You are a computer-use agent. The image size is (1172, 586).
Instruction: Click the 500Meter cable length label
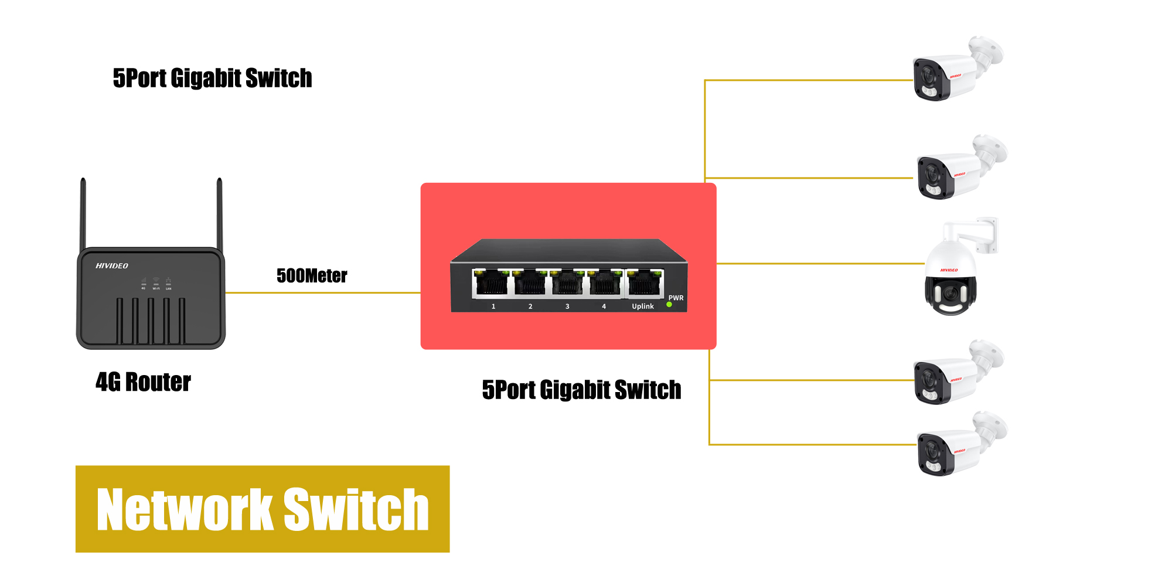(312, 275)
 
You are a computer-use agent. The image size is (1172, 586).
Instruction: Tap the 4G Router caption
(143, 382)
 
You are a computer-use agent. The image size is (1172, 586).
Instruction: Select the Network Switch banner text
(263, 509)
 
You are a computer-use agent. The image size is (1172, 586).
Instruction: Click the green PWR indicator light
(669, 305)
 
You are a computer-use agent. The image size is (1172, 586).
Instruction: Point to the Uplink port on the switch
(645, 284)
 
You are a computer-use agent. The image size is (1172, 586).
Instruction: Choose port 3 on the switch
(567, 284)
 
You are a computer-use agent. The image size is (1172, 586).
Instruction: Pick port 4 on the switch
(605, 284)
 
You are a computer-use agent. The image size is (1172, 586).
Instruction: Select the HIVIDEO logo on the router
(112, 266)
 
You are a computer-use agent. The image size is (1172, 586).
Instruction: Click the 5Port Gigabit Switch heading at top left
(212, 79)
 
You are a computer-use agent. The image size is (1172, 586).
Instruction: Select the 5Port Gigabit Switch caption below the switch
(581, 390)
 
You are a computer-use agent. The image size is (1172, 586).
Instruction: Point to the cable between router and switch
(322, 292)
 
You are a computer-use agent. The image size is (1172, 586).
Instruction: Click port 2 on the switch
(530, 284)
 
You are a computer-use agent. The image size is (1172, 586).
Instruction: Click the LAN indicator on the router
(169, 283)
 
